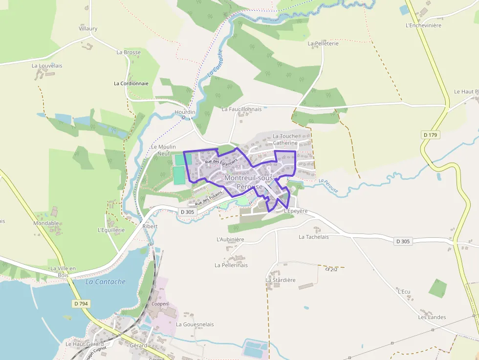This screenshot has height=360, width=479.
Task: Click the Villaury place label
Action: (x=88, y=29)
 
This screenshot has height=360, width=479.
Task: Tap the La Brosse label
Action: (x=129, y=52)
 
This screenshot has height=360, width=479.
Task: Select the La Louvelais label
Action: (x=47, y=65)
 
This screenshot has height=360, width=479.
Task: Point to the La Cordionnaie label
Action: (x=131, y=84)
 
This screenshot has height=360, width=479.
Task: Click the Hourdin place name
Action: (x=185, y=112)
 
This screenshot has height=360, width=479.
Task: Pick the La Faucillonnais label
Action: (x=241, y=109)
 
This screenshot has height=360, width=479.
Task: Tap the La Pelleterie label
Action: (x=323, y=43)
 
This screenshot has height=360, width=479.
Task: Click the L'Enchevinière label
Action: (x=423, y=25)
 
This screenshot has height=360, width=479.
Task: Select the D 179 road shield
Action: (x=430, y=134)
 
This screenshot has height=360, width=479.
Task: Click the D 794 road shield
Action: (x=81, y=304)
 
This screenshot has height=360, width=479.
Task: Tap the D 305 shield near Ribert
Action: (x=187, y=212)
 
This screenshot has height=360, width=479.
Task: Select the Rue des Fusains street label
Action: (x=208, y=198)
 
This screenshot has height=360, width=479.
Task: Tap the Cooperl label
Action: (x=160, y=304)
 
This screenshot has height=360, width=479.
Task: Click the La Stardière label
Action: (x=281, y=280)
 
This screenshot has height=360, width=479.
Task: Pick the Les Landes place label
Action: (x=432, y=317)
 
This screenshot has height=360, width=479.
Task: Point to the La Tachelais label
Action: (x=313, y=237)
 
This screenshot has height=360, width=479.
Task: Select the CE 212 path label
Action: (x=331, y=269)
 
